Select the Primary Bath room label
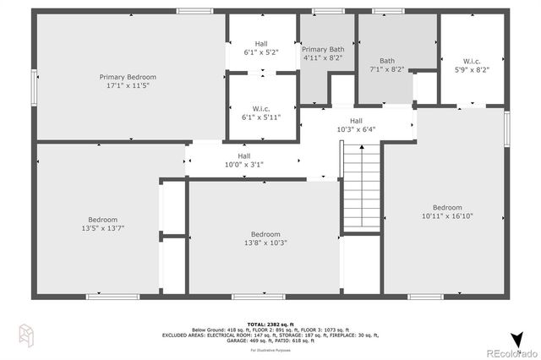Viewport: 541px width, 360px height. [x=322, y=50]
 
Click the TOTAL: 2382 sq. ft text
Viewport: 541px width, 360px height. [x=270, y=324]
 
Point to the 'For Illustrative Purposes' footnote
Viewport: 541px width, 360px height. [x=270, y=347]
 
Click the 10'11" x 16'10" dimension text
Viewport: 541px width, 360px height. [x=447, y=216]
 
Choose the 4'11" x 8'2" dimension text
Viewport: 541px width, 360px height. [x=322, y=58]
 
